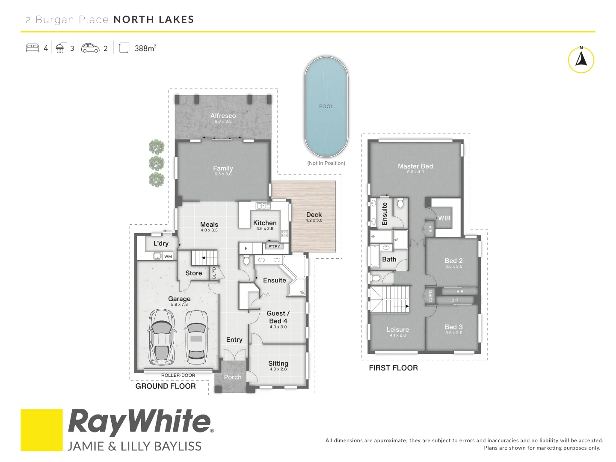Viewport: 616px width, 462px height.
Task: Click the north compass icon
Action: [x=581, y=60]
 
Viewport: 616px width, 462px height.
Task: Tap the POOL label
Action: [x=326, y=107]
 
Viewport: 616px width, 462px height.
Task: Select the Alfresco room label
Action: [x=223, y=116]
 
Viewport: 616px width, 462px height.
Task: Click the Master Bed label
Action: [x=415, y=166]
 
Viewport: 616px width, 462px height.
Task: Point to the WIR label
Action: [x=444, y=218]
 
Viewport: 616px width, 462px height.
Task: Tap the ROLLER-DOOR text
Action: [x=178, y=376]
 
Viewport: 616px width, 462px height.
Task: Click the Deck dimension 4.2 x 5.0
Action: [x=314, y=220]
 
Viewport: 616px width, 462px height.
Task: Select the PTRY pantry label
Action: [x=274, y=246]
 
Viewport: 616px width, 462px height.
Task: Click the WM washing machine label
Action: [x=168, y=257]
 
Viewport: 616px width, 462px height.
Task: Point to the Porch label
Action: [x=233, y=377]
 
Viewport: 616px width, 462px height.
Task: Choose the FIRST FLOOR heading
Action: [x=393, y=368]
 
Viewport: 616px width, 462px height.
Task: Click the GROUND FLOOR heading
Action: [x=166, y=386]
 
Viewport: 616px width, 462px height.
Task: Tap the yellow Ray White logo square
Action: [x=41, y=430]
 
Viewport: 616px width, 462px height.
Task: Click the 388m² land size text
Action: [x=145, y=48]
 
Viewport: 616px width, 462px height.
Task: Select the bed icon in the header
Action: [x=33, y=48]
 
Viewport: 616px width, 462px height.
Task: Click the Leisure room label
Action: [x=397, y=330]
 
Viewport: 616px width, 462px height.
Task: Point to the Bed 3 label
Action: [x=453, y=327]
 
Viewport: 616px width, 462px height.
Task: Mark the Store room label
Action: [x=193, y=273]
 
